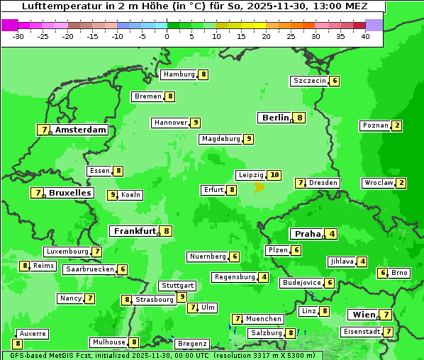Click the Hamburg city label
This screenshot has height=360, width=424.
pos(179,74)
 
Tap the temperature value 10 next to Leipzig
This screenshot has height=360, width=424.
pos(274,175)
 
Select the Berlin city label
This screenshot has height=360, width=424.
pos(276,118)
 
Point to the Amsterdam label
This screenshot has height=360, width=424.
pos(81,130)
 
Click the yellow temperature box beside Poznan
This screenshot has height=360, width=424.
pos(397,126)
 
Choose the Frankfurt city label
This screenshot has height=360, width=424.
pos(135,231)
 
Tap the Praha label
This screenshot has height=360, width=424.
pos(308,234)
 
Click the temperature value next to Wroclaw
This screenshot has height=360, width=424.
pos(401,183)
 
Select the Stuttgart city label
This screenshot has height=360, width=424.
pos(177,286)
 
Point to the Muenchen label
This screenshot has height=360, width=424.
pos(264,319)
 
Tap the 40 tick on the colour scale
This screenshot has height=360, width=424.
pos(364,35)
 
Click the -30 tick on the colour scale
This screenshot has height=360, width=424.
pos(18,35)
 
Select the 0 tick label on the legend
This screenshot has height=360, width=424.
pos(167,35)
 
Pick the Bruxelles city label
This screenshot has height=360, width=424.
pos(69,193)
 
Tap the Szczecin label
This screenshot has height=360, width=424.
pos(311,81)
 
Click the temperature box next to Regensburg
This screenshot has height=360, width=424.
pos(264,277)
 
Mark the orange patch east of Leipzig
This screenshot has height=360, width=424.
pos(260,188)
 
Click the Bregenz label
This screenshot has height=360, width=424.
pos(192,344)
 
